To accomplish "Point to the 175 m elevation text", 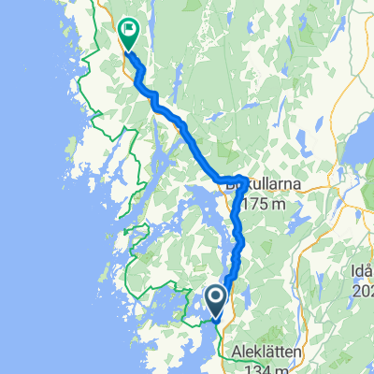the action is coord(270,204).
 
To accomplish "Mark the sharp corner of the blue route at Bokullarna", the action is coord(244,177).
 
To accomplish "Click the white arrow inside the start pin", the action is coord(215,299).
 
